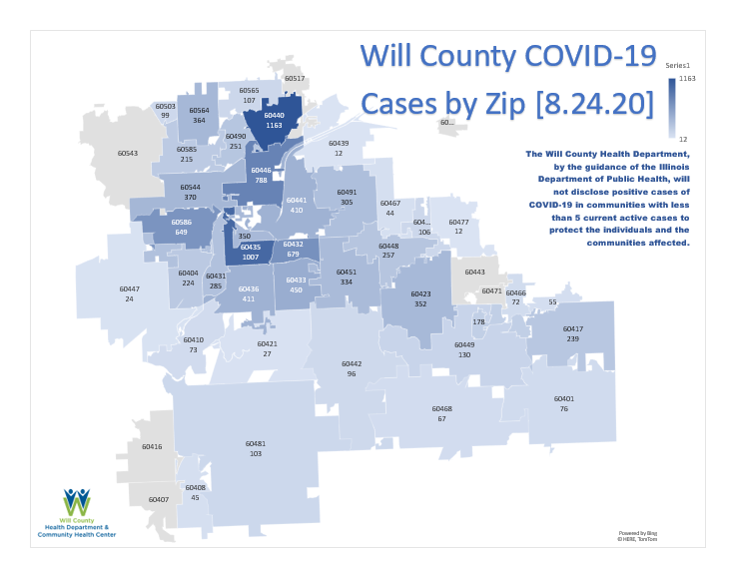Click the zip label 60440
tap(275, 115)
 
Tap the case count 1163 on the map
tap(275, 125)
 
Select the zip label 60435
tap(251, 247)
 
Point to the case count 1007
tap(251, 257)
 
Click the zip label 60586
tap(182, 222)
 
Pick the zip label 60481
tap(256, 443)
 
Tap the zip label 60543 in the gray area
tap(128, 153)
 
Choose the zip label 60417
tap(573, 328)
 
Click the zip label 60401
tap(564, 398)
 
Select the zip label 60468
tap(441, 408)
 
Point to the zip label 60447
tap(129, 288)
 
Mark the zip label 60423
tap(420, 293)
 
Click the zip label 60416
tap(152, 446)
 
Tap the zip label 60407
tap(159, 499)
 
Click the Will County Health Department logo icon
tap(77, 502)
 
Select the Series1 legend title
tap(678, 64)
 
